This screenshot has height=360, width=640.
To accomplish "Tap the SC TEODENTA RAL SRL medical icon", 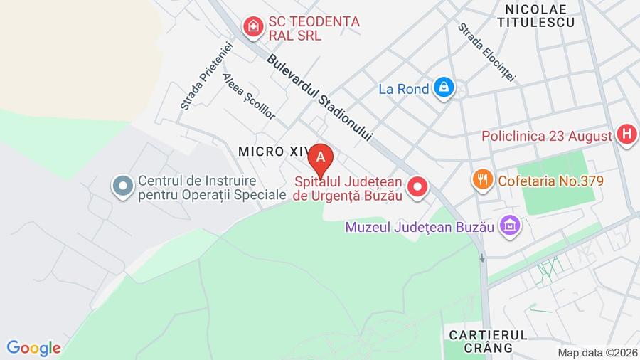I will coord(251,28).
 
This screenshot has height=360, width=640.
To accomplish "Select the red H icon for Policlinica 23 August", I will coord(626,134).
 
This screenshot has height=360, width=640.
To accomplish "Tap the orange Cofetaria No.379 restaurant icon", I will coord(483,180).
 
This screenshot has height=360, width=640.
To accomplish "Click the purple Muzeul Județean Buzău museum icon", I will coord(509,227).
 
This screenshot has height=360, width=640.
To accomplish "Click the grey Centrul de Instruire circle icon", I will coord(123,187).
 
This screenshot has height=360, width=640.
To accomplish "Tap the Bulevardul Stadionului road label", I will coord(320,97).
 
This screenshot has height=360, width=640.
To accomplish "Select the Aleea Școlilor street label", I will coord(248,96).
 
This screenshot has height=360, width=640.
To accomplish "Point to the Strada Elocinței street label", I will coord(486,51).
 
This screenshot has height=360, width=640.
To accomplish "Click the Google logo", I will coord(33,348).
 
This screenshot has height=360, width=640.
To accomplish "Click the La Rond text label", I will coord(404,89).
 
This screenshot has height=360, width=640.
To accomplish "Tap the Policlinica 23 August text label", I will coord(546,135).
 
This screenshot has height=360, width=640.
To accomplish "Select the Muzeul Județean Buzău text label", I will coord(420,228).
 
